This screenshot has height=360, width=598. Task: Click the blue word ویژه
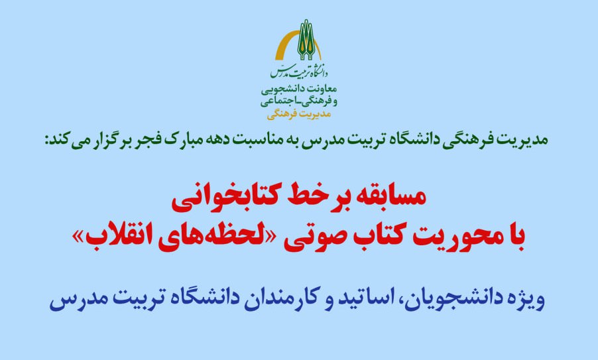click(x=522, y=302)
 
